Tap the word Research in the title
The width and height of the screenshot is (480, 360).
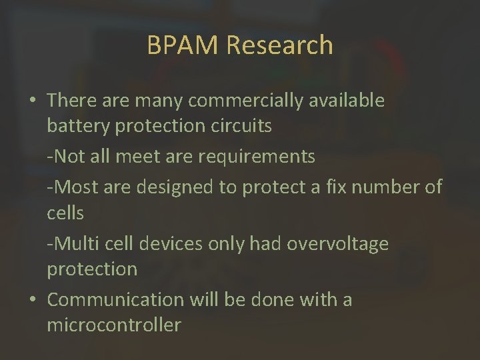pos(279,45)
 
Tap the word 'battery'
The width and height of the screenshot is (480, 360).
pos(79,126)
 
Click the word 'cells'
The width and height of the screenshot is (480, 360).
pos(65,213)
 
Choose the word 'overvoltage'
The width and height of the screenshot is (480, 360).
pos(337,244)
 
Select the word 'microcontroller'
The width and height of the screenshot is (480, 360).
pos(113,325)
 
